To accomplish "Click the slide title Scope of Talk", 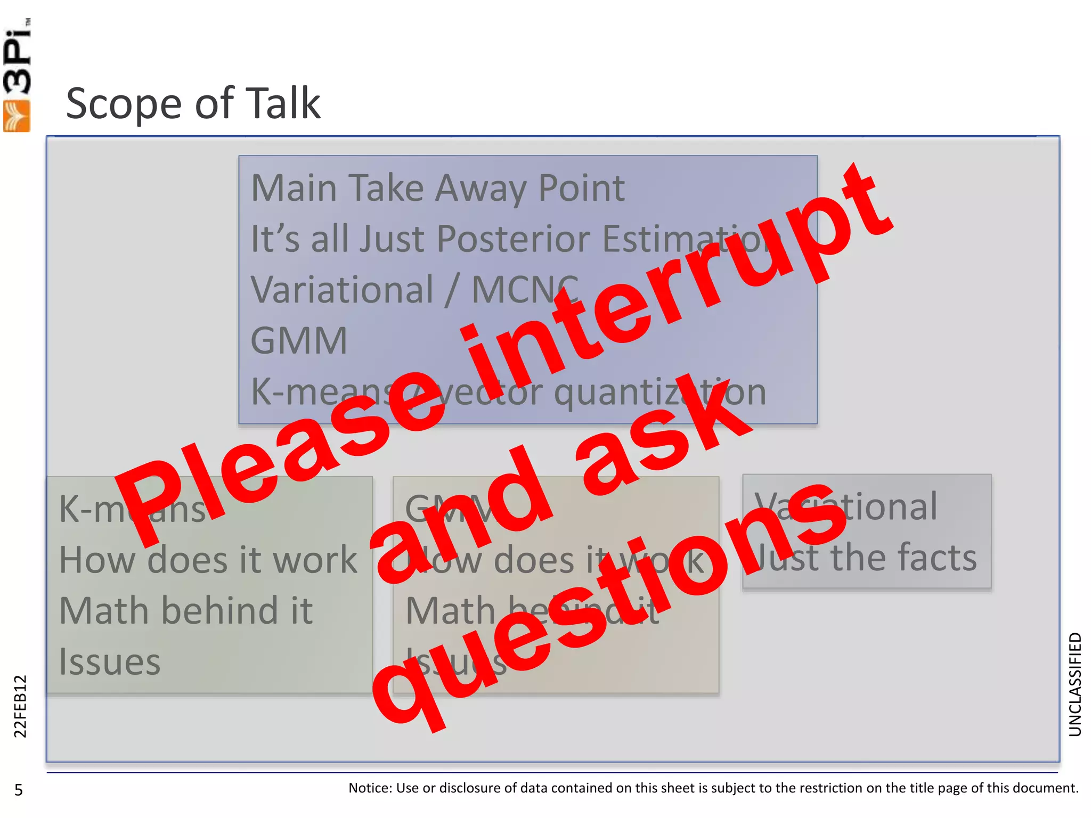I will pyautogui.click(x=193, y=103).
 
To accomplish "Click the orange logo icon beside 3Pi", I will pyautogui.click(x=17, y=116).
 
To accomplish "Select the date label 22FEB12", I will pyautogui.click(x=20, y=706).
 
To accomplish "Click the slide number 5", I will pyautogui.click(x=19, y=790).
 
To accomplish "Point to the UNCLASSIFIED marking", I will pyautogui.click(x=1075, y=684).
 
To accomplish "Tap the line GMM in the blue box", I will pyautogui.click(x=299, y=341).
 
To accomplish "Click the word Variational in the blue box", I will pyautogui.click(x=342, y=290).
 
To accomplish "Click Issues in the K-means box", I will pyautogui.click(x=110, y=662).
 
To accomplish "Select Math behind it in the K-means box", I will pyautogui.click(x=186, y=611).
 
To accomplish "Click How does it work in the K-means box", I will pyautogui.click(x=208, y=560).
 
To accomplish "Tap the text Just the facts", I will pyautogui.click(x=866, y=558).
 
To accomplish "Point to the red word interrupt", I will pyautogui.click(x=677, y=272).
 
